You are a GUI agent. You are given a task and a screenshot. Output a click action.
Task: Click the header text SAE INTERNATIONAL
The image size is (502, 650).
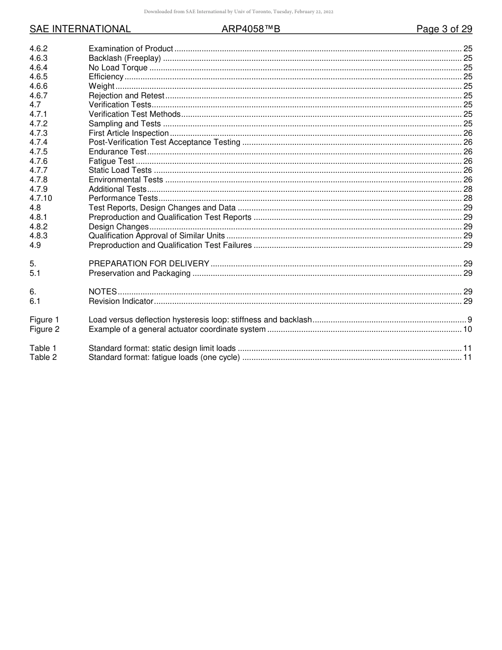click(x=80, y=29)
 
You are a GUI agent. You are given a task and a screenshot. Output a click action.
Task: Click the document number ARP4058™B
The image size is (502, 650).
click(x=250, y=29)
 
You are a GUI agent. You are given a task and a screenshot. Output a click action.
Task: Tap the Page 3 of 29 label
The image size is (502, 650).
click(x=444, y=29)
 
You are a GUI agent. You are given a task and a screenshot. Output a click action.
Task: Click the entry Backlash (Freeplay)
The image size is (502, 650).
click(x=125, y=58)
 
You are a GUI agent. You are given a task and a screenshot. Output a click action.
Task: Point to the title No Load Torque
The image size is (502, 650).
click(x=118, y=68)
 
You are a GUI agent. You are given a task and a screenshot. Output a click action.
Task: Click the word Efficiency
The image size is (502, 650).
click(x=106, y=77)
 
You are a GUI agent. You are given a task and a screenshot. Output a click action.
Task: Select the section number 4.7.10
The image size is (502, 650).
click(x=41, y=198)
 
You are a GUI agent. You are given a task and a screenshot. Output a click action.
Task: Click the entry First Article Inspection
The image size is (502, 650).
click(x=128, y=133)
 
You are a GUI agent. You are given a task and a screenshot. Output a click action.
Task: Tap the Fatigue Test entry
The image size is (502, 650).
click(x=111, y=161)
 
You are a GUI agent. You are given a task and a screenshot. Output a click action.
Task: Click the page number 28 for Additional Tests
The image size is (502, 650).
click(x=468, y=189)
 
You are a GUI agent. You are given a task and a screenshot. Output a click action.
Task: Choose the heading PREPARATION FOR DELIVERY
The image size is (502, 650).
click(x=149, y=264)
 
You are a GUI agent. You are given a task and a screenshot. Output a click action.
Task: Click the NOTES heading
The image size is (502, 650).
click(x=103, y=292)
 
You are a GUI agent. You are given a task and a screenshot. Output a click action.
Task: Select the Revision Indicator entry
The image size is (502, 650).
click(x=120, y=301)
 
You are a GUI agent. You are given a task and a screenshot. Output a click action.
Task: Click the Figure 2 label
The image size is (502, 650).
click(x=44, y=329)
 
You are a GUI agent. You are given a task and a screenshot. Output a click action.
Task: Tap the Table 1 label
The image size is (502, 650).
click(x=43, y=348)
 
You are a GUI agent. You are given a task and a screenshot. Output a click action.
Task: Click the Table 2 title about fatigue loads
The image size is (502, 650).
click(x=164, y=357)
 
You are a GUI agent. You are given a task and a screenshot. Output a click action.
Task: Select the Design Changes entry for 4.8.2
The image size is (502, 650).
click(x=118, y=227)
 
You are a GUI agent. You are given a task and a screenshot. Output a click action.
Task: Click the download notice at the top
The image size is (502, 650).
click(x=238, y=12)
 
